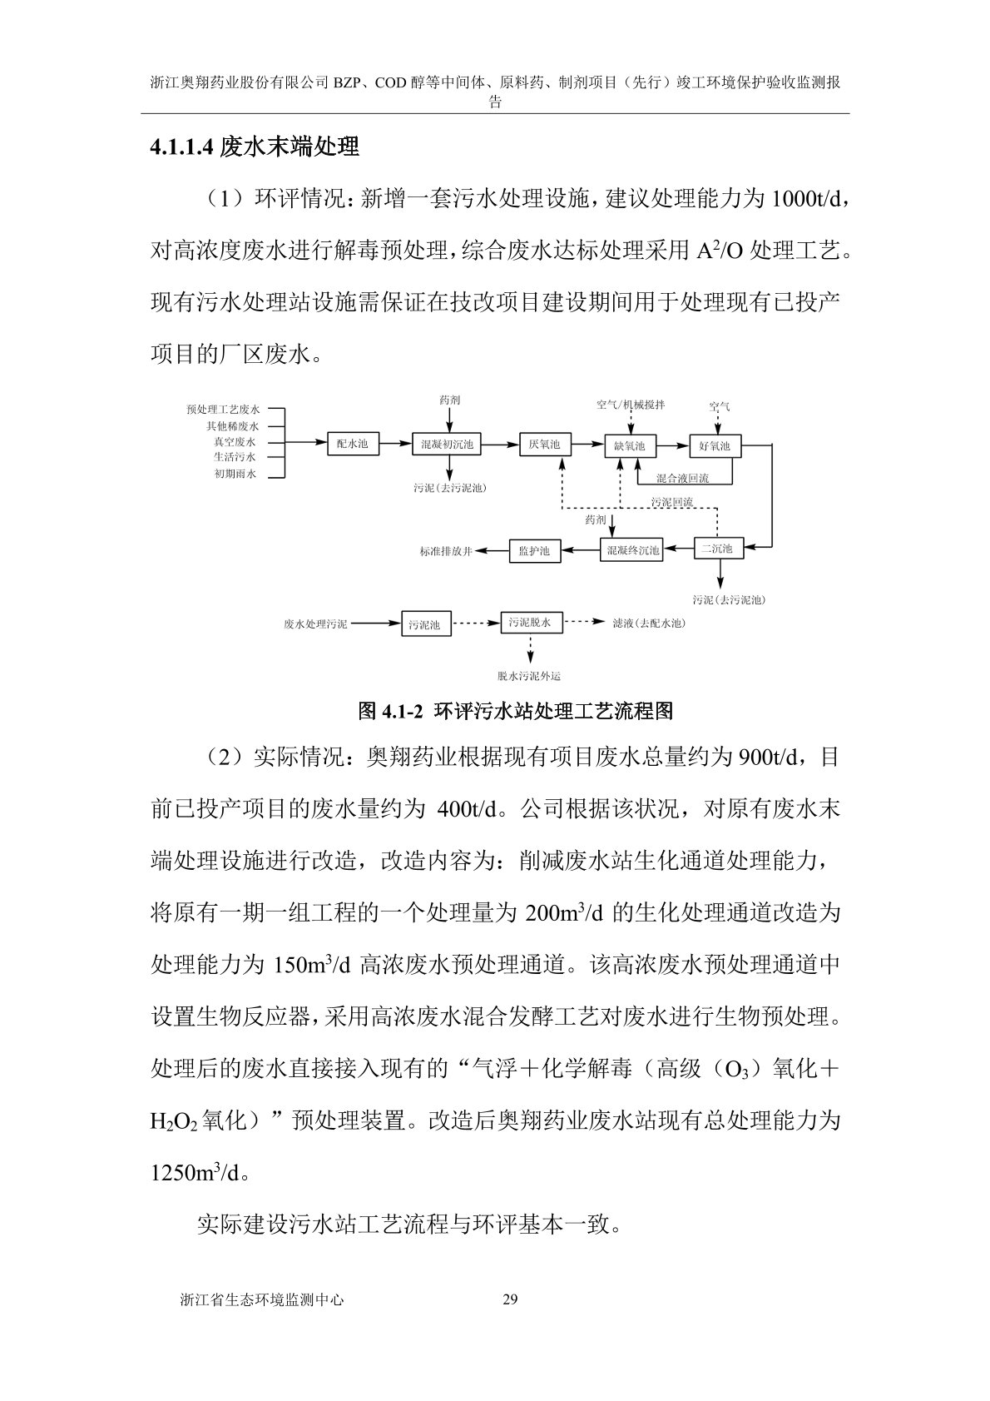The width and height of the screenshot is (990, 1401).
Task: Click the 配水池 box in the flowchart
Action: (x=352, y=445)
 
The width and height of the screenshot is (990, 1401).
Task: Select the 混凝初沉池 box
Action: (x=447, y=445)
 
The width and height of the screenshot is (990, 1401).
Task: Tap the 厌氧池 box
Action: (x=545, y=445)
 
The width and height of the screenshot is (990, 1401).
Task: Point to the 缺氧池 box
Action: (x=629, y=446)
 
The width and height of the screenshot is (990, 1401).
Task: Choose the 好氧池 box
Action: (x=715, y=446)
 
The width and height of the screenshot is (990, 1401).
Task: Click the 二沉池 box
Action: (x=718, y=549)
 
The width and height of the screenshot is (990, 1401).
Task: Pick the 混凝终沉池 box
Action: (x=631, y=549)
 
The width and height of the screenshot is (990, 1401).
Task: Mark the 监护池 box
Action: (x=534, y=550)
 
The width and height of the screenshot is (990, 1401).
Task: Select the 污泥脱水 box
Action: (x=530, y=622)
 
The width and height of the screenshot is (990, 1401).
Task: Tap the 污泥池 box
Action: (x=425, y=624)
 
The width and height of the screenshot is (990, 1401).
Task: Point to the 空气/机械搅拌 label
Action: (x=631, y=405)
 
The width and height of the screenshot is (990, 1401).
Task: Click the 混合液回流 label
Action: (x=682, y=479)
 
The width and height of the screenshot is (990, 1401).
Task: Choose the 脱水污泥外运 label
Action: (x=529, y=676)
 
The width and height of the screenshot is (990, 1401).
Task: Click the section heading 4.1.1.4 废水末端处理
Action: (x=255, y=147)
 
